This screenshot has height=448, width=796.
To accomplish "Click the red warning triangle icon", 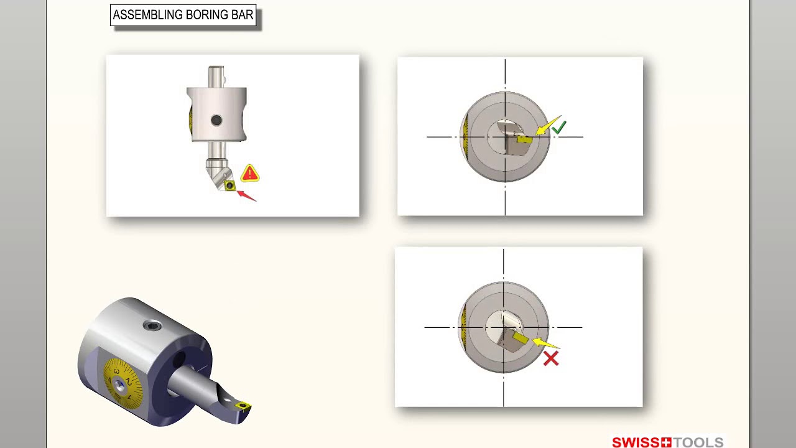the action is [x=250, y=174].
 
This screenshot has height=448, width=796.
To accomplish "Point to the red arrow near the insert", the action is [x=246, y=196].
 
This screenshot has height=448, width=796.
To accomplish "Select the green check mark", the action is [x=559, y=128].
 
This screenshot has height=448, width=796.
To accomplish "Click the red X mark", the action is [x=551, y=358].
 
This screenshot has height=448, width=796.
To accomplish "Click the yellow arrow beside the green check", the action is [x=548, y=125].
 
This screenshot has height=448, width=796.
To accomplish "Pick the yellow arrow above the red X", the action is [x=545, y=343].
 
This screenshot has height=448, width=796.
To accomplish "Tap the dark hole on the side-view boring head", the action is [x=216, y=120].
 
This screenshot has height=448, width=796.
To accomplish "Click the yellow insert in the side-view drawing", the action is [x=229, y=185].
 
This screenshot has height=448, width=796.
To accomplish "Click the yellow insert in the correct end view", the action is [x=524, y=139].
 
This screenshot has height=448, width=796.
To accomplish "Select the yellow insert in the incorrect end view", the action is [x=521, y=338].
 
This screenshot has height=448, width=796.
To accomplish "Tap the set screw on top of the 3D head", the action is [x=152, y=325].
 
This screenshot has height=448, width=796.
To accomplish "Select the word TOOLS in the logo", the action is [x=698, y=442].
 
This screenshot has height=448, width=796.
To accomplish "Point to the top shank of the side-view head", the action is [x=216, y=77].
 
